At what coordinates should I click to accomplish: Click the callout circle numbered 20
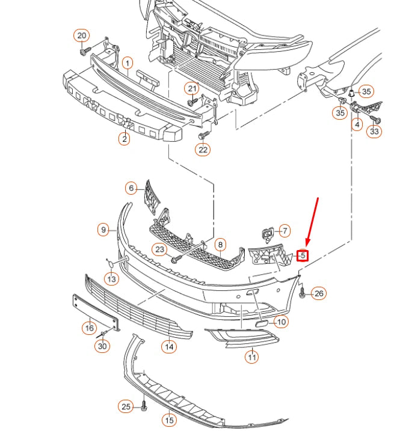82,35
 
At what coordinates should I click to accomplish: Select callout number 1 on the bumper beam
128,63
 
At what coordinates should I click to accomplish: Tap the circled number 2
125,139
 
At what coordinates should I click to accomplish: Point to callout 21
192,89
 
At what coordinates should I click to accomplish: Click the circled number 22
203,150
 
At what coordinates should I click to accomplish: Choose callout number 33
375,131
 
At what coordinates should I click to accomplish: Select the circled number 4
357,125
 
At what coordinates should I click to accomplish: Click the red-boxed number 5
303,255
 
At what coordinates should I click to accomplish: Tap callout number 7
285,230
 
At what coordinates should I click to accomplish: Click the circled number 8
221,245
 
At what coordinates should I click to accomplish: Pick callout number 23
159,249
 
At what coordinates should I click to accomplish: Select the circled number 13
111,279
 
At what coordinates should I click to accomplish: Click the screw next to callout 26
302,293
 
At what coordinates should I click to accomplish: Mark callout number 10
281,322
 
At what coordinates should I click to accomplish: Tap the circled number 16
89,328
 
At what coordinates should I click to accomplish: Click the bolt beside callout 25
144,408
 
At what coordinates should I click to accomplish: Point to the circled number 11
251,357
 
